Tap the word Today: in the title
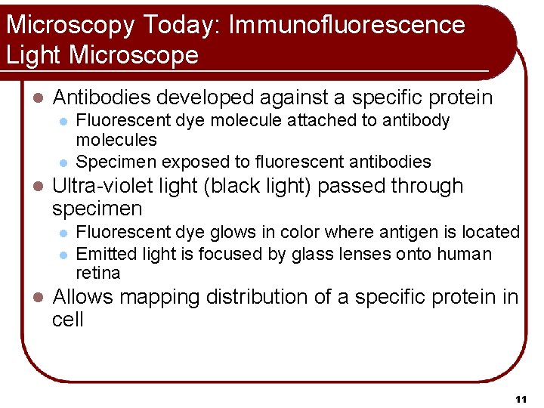[178, 25]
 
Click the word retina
[98, 272]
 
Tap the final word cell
[68, 319]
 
